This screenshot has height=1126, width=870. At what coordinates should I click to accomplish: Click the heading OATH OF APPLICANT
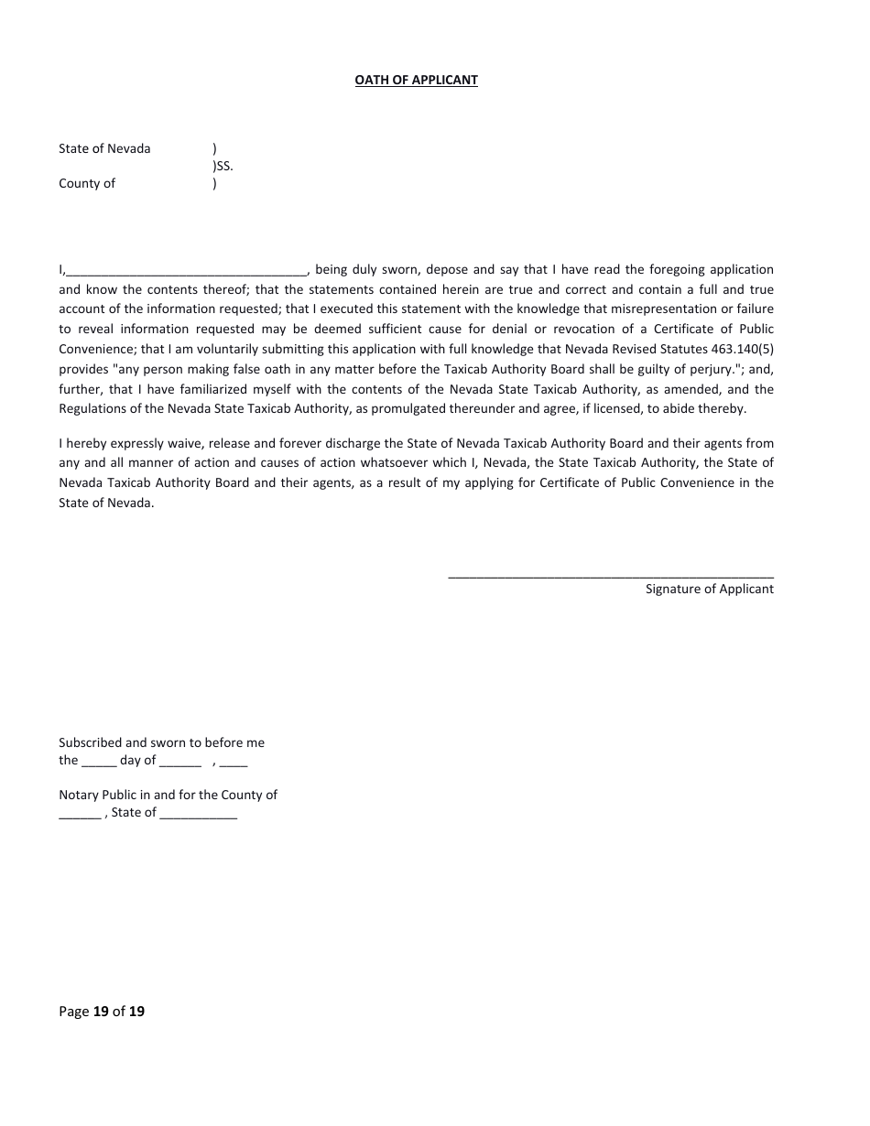click(x=416, y=80)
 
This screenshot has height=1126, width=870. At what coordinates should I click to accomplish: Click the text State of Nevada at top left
click(x=104, y=148)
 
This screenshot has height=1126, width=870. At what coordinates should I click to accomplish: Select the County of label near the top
click(x=87, y=183)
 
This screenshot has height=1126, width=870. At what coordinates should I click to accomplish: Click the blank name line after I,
click(x=187, y=271)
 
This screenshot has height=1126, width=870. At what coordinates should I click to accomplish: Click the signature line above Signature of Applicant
click(x=610, y=575)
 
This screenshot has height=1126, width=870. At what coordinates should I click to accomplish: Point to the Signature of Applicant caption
click(x=709, y=589)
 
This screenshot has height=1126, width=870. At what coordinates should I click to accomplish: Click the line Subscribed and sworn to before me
click(x=161, y=742)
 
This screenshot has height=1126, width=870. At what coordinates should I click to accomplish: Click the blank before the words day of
click(x=99, y=762)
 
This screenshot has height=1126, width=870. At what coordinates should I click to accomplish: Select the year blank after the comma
click(x=234, y=762)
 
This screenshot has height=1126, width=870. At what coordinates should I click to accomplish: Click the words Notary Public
click(x=97, y=795)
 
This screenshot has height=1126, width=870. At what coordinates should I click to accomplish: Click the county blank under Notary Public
click(x=80, y=814)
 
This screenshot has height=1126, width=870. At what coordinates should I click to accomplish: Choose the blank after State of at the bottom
click(x=198, y=814)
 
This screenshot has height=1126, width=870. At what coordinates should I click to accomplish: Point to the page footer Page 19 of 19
click(x=102, y=1012)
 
